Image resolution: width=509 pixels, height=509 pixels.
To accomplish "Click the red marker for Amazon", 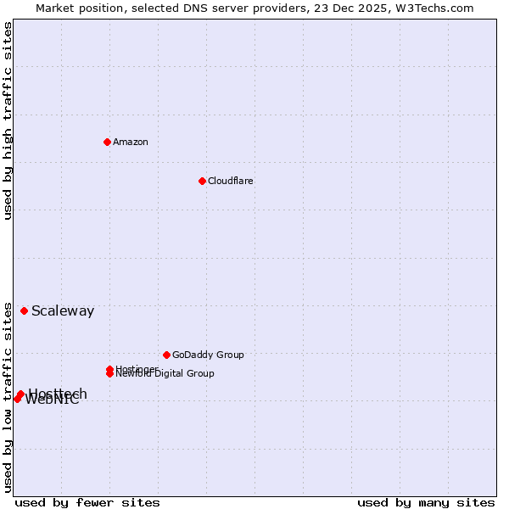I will [107, 142].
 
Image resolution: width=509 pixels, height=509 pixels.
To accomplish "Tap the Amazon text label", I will [131, 142].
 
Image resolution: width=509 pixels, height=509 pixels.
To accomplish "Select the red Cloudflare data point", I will [202, 181].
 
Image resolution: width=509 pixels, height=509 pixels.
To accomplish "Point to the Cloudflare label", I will [231, 181].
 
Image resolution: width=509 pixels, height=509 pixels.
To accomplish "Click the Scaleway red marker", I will [24, 310].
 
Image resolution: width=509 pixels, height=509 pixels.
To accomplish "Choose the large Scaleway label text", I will [63, 311].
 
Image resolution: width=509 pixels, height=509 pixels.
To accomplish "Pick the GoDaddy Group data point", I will [166, 355].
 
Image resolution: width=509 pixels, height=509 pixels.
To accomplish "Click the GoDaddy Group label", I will [208, 355].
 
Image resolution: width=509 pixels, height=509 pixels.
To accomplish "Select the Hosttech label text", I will [58, 393].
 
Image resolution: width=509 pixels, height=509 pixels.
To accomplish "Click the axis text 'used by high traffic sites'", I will [8, 120].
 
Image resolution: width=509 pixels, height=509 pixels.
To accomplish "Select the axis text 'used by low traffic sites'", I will [8, 396].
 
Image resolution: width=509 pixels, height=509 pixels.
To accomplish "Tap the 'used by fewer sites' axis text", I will [87, 502].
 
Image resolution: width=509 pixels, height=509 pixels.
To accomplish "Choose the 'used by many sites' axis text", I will [426, 502].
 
